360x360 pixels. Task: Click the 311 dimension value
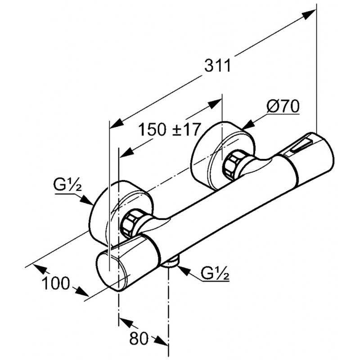pos(218,66)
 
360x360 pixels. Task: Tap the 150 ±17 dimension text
pos(169,130)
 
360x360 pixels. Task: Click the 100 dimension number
pos(56,283)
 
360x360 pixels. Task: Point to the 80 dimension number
pos(139,338)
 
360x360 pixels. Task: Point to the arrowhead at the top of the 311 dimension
pos(308,14)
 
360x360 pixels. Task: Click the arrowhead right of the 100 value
pos(81,291)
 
